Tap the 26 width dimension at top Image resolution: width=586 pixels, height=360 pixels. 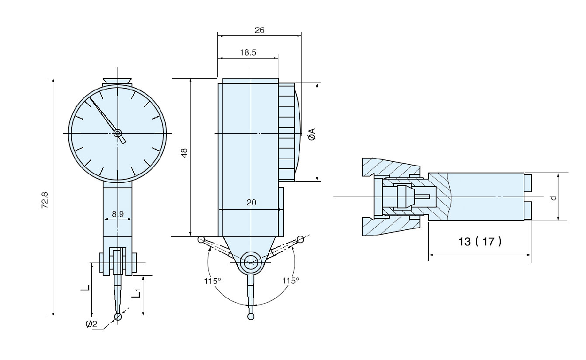260,30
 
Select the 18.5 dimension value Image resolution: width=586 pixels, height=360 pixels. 248,52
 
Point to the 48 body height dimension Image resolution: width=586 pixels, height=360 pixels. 184,153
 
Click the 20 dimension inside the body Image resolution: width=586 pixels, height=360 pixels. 251,202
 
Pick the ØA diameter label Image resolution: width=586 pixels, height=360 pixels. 312,134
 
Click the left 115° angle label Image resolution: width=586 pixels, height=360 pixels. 212,280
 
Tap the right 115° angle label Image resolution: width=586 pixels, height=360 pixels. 290,280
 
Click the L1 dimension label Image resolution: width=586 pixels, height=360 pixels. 137,293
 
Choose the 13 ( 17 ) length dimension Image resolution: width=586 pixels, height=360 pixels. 480,241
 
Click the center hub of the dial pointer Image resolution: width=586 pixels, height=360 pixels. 118,133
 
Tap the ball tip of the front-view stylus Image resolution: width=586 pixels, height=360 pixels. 118,317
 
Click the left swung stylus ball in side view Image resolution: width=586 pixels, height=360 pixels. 201,239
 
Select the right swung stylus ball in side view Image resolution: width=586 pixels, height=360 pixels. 301,239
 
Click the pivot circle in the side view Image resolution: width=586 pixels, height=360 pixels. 251,262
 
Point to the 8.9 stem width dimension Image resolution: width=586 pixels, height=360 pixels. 118,214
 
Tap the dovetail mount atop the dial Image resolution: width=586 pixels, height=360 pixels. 117,81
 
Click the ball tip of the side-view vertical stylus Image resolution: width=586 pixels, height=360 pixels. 251,316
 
